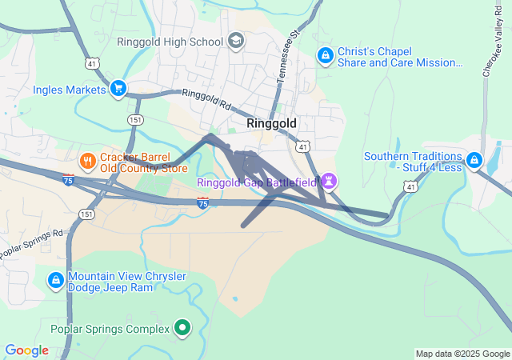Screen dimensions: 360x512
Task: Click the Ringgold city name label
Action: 271,124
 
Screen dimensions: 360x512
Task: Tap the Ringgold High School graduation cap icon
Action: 236,40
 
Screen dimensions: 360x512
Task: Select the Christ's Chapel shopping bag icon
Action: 325,55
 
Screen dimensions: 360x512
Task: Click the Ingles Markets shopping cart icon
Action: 118,88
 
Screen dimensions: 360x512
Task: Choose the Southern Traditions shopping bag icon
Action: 474,161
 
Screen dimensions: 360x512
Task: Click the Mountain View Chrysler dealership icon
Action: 56,280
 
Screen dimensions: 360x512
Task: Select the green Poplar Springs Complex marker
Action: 182,328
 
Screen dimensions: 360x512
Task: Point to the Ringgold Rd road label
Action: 206,100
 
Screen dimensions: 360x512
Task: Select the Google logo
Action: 26,350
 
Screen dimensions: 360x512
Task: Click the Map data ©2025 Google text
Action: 462,354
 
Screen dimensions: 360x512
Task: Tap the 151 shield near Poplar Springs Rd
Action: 86,214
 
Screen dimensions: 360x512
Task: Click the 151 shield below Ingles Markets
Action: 134,118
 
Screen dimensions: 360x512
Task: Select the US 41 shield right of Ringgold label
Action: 302,146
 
